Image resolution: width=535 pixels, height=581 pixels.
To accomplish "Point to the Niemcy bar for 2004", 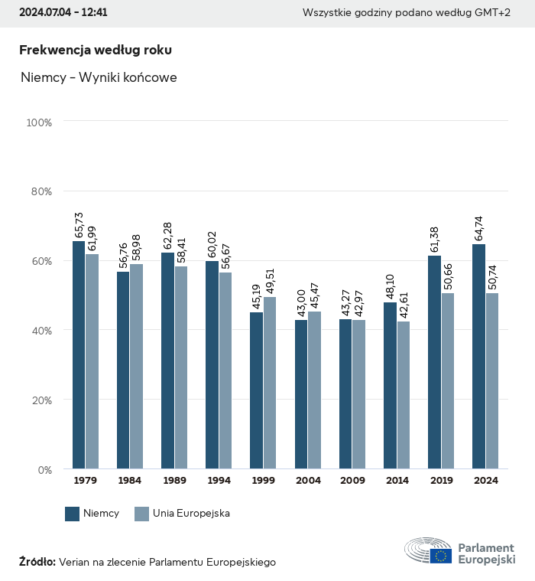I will click(x=301, y=394).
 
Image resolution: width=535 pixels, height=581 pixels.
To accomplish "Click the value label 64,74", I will click(x=479, y=229).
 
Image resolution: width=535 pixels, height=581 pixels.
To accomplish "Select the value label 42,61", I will click(x=404, y=305).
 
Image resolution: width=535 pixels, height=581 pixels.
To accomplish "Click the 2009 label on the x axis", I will click(x=352, y=481).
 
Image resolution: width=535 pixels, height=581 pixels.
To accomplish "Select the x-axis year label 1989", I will click(x=174, y=481).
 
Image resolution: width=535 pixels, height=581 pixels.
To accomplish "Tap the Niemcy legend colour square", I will click(x=73, y=514).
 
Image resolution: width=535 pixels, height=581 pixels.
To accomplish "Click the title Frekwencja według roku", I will click(x=96, y=51).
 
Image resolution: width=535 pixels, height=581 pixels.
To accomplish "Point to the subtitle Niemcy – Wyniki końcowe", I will click(x=99, y=78).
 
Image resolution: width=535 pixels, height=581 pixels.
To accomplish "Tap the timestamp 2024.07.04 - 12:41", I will click(x=63, y=13).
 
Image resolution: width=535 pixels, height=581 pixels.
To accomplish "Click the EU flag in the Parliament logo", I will click(x=440, y=556).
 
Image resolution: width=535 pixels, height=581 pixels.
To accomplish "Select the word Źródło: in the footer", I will click(x=37, y=562).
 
